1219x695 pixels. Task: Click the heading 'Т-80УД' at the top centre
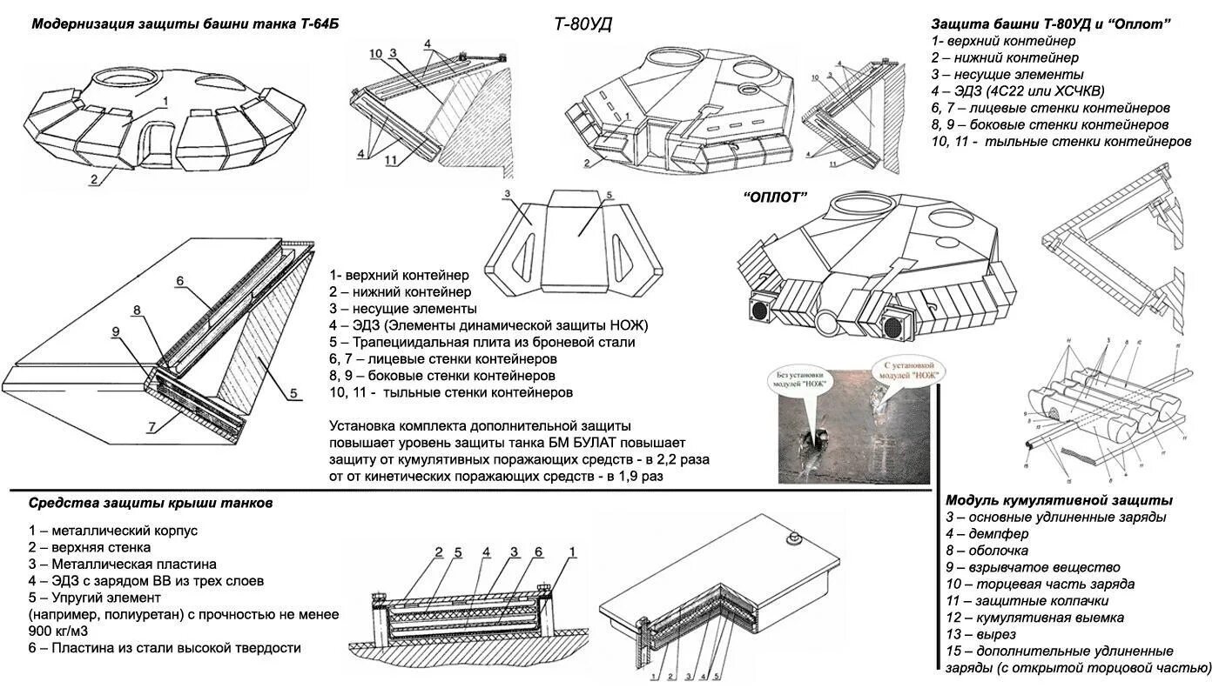pos(583,24)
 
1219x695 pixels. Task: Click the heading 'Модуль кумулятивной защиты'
pos(1059,501)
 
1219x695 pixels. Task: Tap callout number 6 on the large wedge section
pos(179,281)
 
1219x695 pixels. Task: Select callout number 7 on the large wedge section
pos(152,426)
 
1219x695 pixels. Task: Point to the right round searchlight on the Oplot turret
pos(894,327)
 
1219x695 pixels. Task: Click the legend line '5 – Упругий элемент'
pos(95,598)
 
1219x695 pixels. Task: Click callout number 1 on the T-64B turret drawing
pos(163,102)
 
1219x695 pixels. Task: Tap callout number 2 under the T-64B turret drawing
pos(91,180)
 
